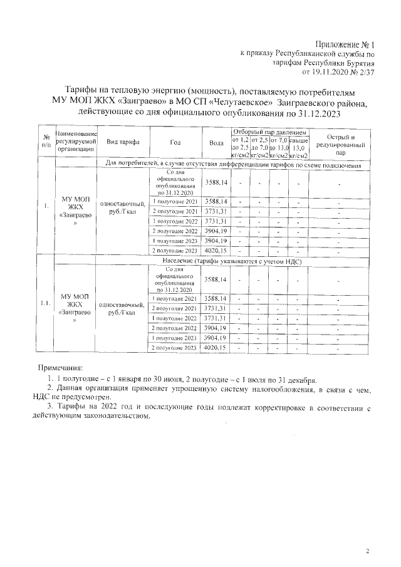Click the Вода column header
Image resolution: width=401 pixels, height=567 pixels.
click(x=216, y=143)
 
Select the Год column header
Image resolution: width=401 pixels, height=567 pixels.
click(x=175, y=143)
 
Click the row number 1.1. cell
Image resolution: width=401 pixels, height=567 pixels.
click(x=46, y=303)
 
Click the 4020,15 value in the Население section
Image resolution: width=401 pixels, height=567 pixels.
click(x=216, y=347)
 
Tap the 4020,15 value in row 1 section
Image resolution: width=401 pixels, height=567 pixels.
click(x=216, y=251)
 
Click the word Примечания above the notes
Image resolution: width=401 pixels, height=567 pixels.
click(x=60, y=367)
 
